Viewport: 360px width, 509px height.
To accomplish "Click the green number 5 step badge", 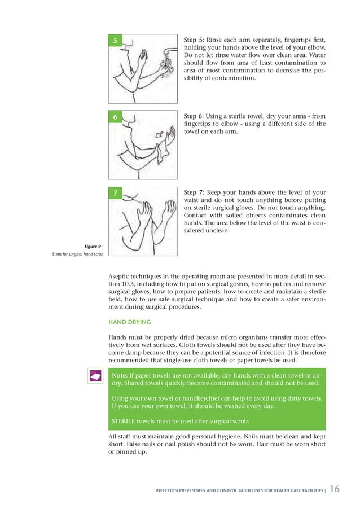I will point(115,41).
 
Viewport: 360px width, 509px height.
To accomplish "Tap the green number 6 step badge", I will point(115,117).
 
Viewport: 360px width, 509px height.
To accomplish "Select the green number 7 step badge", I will point(115,194).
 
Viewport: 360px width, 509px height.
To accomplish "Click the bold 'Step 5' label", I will point(194,41).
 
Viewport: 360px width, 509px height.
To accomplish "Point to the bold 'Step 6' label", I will point(194,116).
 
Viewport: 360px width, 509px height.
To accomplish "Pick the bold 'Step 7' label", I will point(194,193).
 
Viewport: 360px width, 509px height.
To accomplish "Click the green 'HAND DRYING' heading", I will point(130,322).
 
